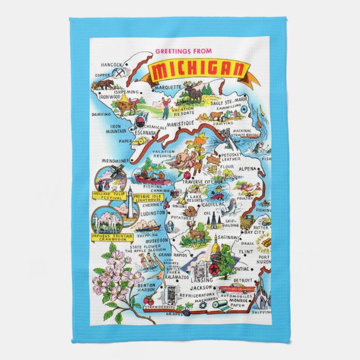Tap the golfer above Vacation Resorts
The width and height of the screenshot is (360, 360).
tap(165, 105)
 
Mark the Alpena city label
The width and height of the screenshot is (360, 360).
tap(248, 168)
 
